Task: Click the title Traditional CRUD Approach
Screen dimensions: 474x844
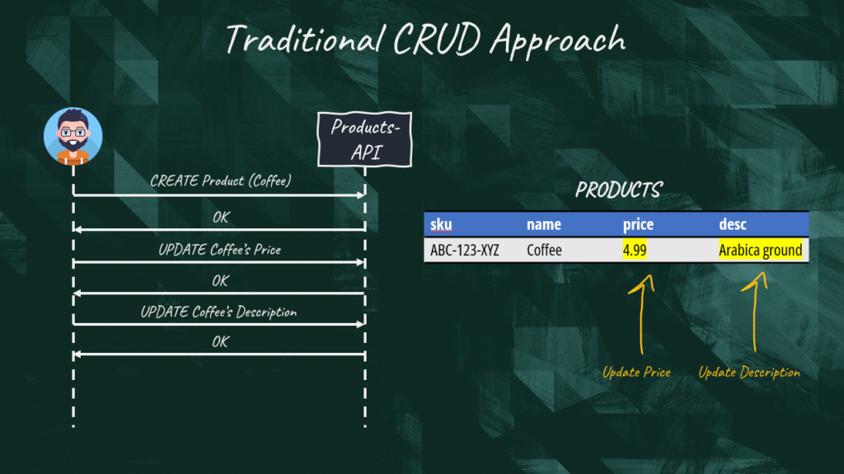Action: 425,39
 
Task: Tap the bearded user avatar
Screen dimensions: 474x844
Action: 73,135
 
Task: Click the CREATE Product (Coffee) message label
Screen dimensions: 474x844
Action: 220,181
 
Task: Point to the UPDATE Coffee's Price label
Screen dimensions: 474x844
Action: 219,249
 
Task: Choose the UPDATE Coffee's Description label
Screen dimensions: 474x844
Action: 218,312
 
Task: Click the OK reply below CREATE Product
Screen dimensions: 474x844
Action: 220,218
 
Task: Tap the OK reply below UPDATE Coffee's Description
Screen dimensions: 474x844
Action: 220,342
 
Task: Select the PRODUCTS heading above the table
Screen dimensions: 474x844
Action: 617,190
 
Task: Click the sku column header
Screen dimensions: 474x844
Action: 442,224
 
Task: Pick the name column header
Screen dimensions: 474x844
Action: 543,224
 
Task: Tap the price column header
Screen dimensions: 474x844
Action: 639,224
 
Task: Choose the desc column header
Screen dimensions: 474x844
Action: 732,224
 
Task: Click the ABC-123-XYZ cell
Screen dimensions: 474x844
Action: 464,250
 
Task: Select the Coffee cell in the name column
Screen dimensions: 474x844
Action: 544,250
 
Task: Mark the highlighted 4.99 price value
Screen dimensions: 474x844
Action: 635,250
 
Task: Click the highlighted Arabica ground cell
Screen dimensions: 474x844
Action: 760,250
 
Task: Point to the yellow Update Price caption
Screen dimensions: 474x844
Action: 636,373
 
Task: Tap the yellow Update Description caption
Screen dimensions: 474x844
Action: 749,373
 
